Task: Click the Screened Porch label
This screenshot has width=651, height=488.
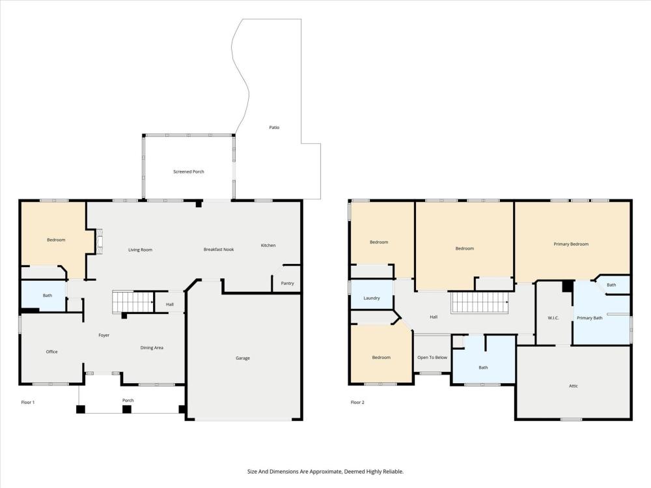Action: [x=189, y=171]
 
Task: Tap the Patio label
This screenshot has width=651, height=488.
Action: [x=274, y=127]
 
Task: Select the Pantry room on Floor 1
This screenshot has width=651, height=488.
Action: [x=286, y=278]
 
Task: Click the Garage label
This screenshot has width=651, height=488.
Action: [x=242, y=358]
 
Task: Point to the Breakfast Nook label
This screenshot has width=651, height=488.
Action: [x=218, y=250]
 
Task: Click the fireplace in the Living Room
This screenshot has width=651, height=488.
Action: [x=99, y=241]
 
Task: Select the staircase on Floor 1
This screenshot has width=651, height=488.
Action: [x=133, y=302]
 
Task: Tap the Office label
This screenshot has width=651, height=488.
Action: [x=51, y=352]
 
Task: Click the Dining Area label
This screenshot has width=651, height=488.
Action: [x=152, y=347]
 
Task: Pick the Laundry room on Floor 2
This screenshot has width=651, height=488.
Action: [x=372, y=295]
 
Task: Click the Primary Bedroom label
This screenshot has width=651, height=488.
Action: [x=571, y=244]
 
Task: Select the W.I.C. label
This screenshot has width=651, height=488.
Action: [x=553, y=318]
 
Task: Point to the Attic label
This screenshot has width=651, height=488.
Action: [x=573, y=386]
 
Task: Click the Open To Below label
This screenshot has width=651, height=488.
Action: [x=432, y=358]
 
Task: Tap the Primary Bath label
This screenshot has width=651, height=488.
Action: [x=590, y=318]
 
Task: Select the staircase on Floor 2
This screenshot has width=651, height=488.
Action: [x=480, y=302]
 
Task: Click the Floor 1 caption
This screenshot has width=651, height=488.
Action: [x=28, y=403]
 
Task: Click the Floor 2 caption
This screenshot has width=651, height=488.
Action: [x=357, y=403]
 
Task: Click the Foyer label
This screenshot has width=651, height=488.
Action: [x=104, y=335]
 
